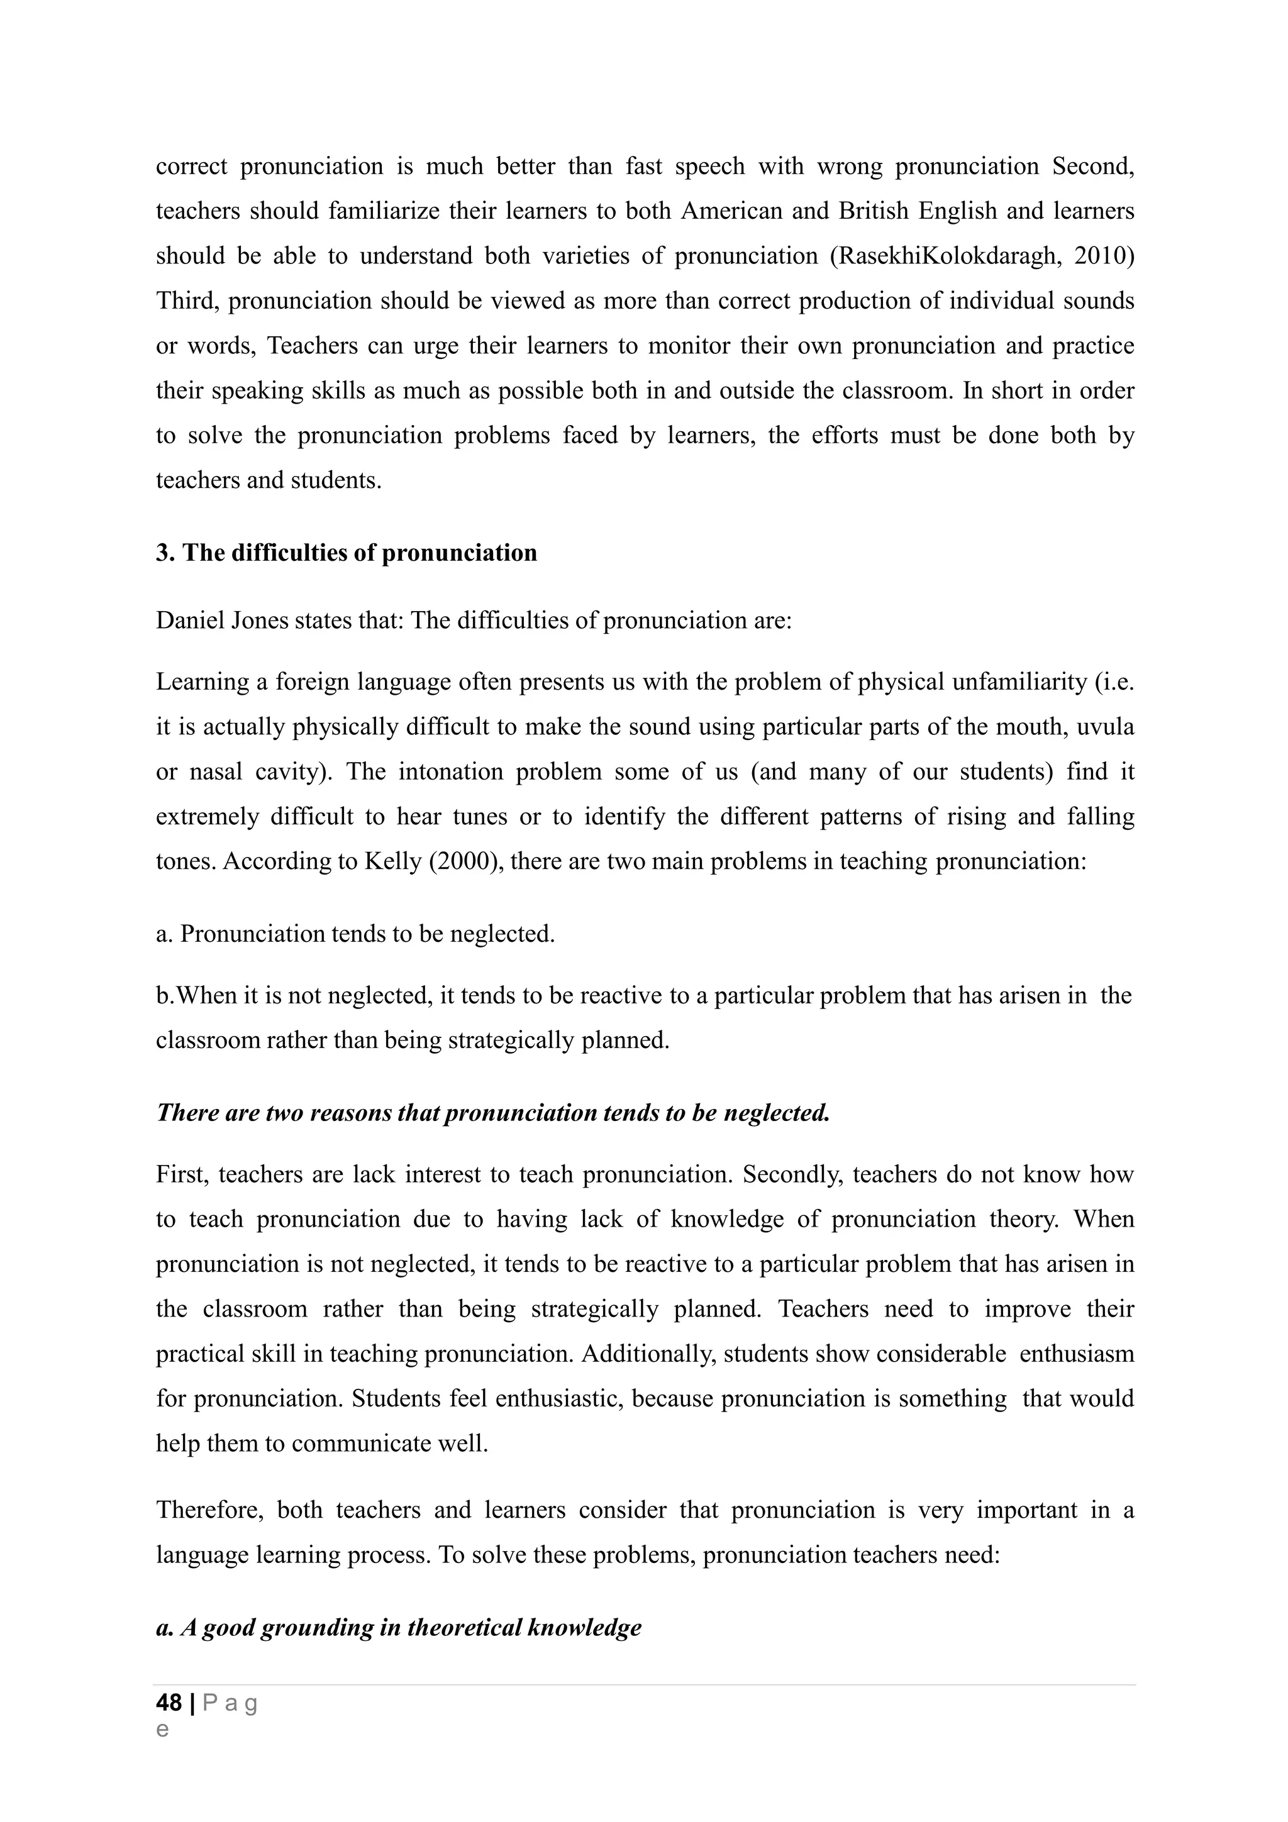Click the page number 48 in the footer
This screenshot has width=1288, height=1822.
coord(169,1702)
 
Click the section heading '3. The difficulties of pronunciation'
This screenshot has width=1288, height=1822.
coord(346,553)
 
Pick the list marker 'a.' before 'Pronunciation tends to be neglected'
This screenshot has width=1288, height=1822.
coord(164,934)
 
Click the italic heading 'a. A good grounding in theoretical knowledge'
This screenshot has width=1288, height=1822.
coord(398,1628)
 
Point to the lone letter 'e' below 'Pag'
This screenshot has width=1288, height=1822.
coord(163,1730)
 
